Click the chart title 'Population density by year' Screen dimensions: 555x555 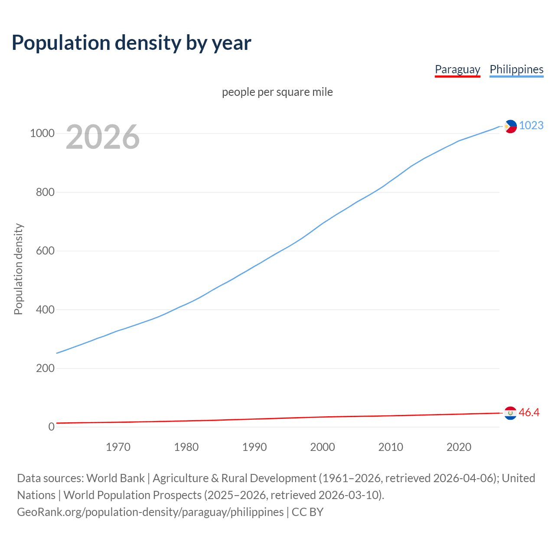tap(131, 43)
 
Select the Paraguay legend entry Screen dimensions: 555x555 tap(457, 69)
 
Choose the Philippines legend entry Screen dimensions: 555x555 tap(516, 69)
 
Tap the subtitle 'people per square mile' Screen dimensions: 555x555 tap(277, 92)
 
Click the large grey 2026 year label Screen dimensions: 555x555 tap(103, 137)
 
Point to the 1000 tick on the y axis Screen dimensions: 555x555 tap(42, 134)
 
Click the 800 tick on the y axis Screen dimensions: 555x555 tap(45, 192)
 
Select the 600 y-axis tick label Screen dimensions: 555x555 tap(45, 251)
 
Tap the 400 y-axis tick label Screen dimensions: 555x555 tap(45, 310)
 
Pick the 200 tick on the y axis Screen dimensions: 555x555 tap(45, 369)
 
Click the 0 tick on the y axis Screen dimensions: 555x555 tap(52, 427)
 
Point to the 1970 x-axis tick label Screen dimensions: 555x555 tap(118, 447)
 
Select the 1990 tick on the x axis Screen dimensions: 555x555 tap(255, 447)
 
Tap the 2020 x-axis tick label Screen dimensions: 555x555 tap(459, 447)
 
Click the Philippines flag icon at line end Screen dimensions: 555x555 tap(510, 126)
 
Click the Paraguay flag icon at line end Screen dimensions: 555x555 tap(510, 413)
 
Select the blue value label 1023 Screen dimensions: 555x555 tap(531, 125)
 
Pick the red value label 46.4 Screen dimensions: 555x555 tap(529, 413)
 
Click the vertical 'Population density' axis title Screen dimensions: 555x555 tap(18, 269)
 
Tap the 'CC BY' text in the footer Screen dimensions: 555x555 tap(307, 512)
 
